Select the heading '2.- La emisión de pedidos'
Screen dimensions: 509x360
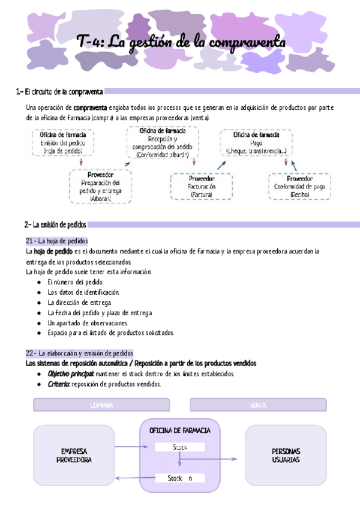(x=55, y=224)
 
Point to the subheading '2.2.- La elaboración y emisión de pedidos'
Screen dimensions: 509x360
(x=79, y=353)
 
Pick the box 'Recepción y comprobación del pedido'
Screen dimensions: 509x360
(x=162, y=142)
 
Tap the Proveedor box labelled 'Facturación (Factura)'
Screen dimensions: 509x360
(x=202, y=187)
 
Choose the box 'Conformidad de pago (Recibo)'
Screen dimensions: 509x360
(x=299, y=187)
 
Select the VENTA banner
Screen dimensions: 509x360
(x=259, y=405)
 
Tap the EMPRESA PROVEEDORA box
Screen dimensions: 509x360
(x=74, y=456)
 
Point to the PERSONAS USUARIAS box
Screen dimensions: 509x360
(x=286, y=456)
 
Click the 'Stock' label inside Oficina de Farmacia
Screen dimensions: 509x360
(x=180, y=447)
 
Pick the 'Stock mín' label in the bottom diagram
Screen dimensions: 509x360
(x=180, y=478)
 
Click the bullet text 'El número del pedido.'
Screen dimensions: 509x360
(x=76, y=282)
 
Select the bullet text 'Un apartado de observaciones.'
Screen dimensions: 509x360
(x=88, y=322)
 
